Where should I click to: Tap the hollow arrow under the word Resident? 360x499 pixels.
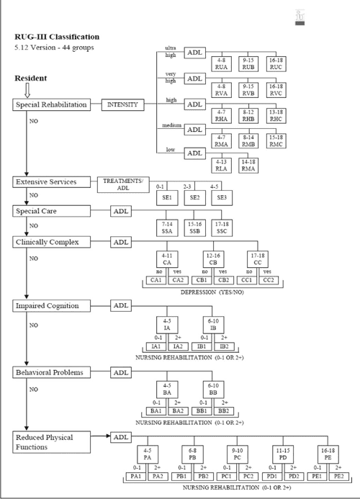coord(26,89)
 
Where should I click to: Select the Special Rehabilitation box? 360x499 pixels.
coord(52,104)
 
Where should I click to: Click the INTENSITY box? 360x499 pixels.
coord(122,104)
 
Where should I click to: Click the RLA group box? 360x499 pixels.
coord(222,165)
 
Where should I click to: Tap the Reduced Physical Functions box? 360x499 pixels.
coord(50,441)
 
